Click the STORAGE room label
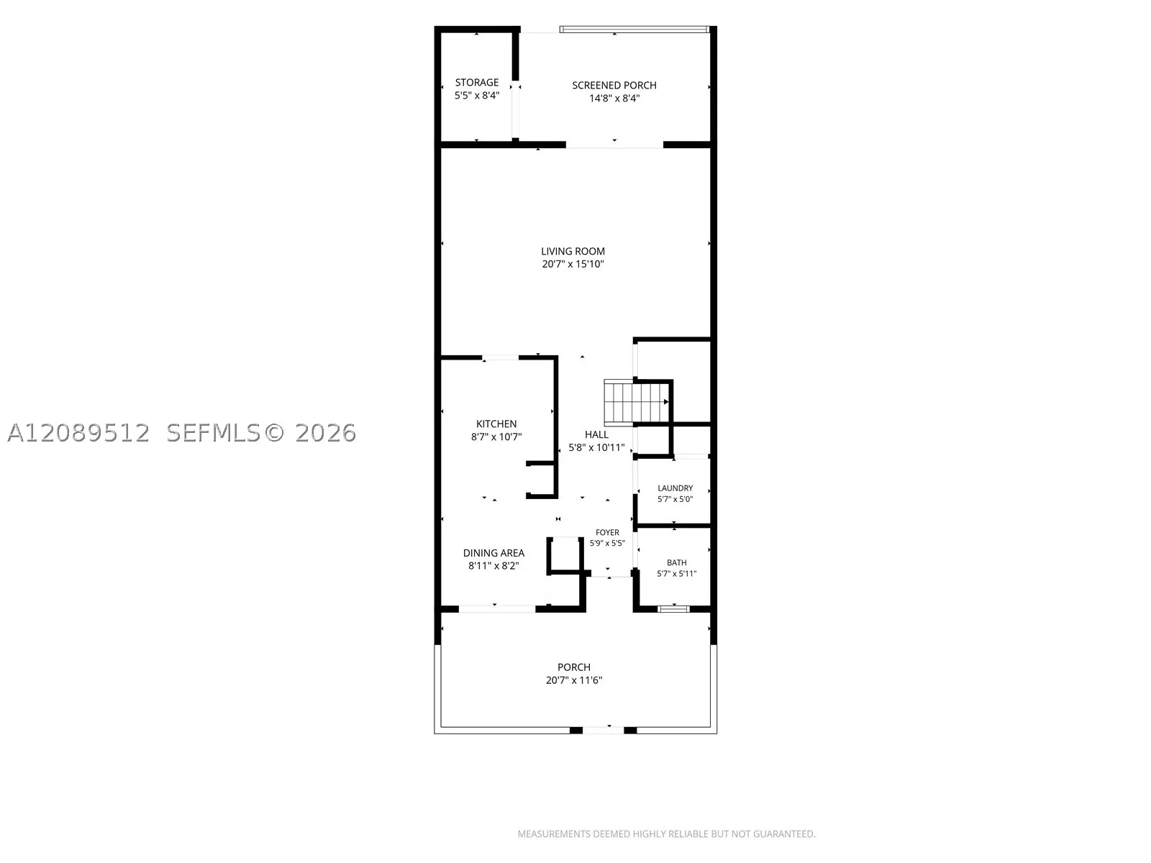477,82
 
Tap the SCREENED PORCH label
614,85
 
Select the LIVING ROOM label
573,251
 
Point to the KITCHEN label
496,424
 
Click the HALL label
597,434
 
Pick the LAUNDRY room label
675,488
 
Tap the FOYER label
607,532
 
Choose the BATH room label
676,563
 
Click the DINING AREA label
493,553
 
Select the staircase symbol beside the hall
637,403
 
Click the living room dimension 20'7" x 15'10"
573,264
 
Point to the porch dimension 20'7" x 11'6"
573,680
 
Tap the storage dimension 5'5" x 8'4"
477,96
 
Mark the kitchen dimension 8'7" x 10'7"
496,437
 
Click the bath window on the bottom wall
673,608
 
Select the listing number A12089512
78,433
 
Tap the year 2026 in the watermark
326,433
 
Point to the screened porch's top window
634,29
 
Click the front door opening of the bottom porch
603,730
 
